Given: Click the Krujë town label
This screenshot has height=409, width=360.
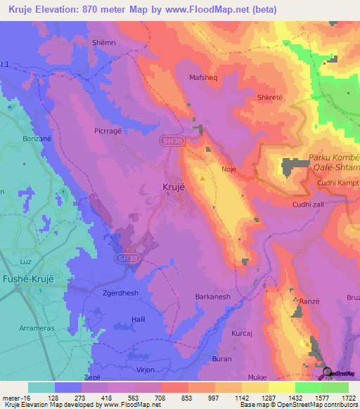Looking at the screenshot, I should [169, 188].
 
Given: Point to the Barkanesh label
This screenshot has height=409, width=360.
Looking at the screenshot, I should [212, 297].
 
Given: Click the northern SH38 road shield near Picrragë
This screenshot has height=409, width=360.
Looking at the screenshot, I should [167, 141].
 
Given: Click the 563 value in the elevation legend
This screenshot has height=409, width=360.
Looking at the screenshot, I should [140, 397].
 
